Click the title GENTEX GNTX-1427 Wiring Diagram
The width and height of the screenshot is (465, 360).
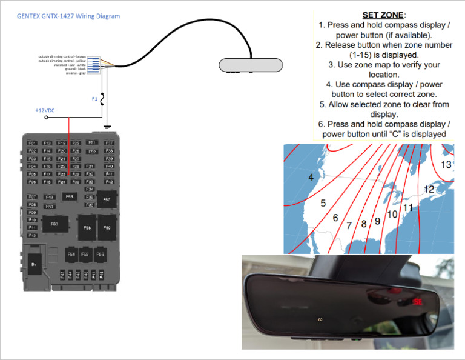point(68,16)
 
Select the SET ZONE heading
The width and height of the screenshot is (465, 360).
point(383,15)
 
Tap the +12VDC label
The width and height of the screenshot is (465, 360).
point(45,110)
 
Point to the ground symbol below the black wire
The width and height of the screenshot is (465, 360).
point(107,127)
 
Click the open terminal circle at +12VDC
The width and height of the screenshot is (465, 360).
point(47,118)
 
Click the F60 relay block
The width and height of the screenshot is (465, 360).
point(54,224)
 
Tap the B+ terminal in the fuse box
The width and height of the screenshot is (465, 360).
point(34,265)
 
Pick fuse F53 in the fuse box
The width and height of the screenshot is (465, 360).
point(69,196)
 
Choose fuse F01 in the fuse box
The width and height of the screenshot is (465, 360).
point(33,143)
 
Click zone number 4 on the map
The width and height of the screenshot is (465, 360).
point(311,178)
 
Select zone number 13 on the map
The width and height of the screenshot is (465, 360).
point(446,164)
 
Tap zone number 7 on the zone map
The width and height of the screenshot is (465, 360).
point(349,225)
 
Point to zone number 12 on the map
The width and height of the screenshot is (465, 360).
point(429,189)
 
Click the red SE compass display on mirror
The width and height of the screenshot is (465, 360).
point(417,301)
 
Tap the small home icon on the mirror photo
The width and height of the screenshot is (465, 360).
point(319,319)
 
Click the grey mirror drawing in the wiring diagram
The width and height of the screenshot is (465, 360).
point(251,65)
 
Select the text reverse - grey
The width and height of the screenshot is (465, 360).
point(75,73)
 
